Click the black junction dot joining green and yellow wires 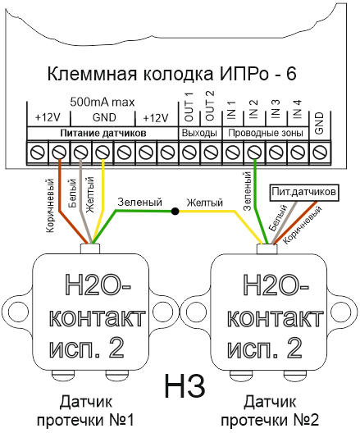tap(175, 212)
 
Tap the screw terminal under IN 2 tap(254, 153)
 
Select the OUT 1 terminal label tap(189, 107)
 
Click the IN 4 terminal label tap(298, 109)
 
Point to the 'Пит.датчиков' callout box tap(303, 192)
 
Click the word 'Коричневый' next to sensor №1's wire tap(50, 205)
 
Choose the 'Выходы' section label tap(199, 134)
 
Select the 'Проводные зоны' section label tap(266, 133)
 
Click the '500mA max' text tap(103, 103)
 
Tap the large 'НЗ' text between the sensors tap(185, 385)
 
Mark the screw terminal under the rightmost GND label tap(321, 153)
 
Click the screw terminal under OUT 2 tap(211, 153)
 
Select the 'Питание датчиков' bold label tap(103, 134)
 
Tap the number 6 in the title tap(290, 75)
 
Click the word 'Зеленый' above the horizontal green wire tap(139, 203)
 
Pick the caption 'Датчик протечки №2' tap(270, 411)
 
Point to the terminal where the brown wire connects tap(60, 153)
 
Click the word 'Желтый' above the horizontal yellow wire tap(204, 203)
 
